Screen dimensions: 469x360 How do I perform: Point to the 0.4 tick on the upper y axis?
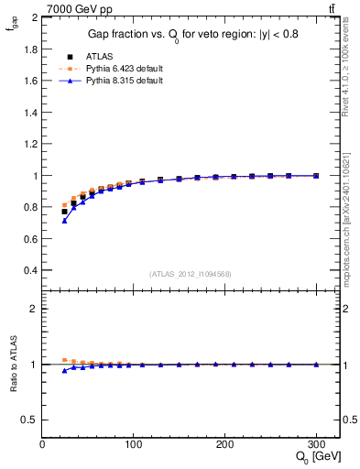click(31, 270)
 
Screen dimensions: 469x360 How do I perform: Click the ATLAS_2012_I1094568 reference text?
click(191, 274)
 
